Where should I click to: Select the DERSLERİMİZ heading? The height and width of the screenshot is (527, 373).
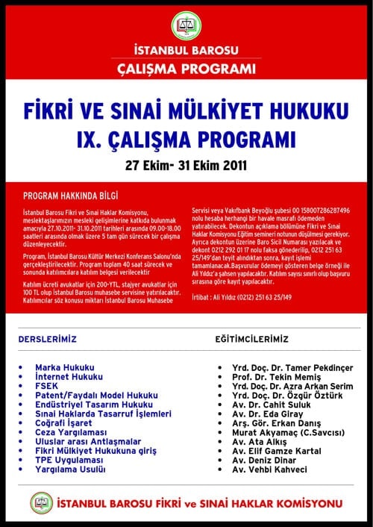[48, 339]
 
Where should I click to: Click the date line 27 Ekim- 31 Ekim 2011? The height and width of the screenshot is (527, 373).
[186, 163]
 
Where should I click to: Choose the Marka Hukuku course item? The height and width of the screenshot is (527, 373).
[65, 367]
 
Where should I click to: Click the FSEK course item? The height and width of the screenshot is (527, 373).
[47, 386]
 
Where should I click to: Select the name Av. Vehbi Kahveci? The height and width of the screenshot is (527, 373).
[269, 470]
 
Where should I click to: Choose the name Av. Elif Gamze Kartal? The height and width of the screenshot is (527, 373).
[280, 451]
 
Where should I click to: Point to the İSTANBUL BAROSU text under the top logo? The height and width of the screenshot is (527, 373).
[186, 50]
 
